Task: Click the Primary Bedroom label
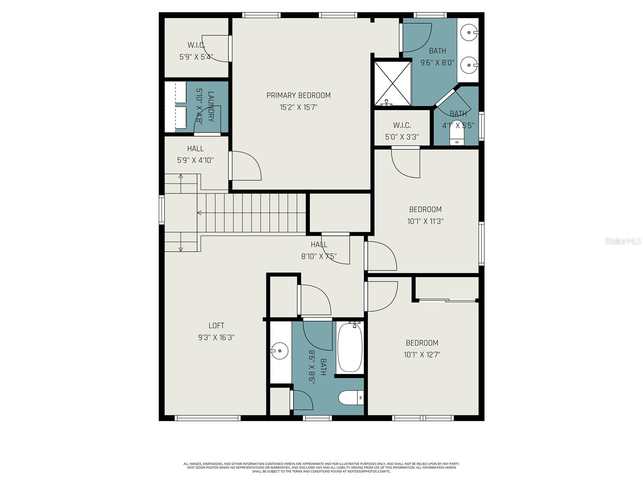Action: click(298, 95)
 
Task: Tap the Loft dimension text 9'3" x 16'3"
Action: click(216, 338)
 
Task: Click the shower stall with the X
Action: click(393, 83)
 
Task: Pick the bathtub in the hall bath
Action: click(350, 348)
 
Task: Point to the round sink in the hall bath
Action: click(279, 351)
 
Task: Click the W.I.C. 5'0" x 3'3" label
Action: click(402, 131)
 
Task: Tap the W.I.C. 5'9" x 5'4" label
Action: click(196, 51)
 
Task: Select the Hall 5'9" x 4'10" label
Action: click(195, 155)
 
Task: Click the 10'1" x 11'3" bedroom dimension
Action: click(425, 221)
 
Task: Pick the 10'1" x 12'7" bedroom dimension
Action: click(422, 355)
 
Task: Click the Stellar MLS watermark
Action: click(623, 241)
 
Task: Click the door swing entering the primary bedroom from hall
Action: click(246, 166)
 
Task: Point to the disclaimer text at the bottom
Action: click(321, 468)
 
